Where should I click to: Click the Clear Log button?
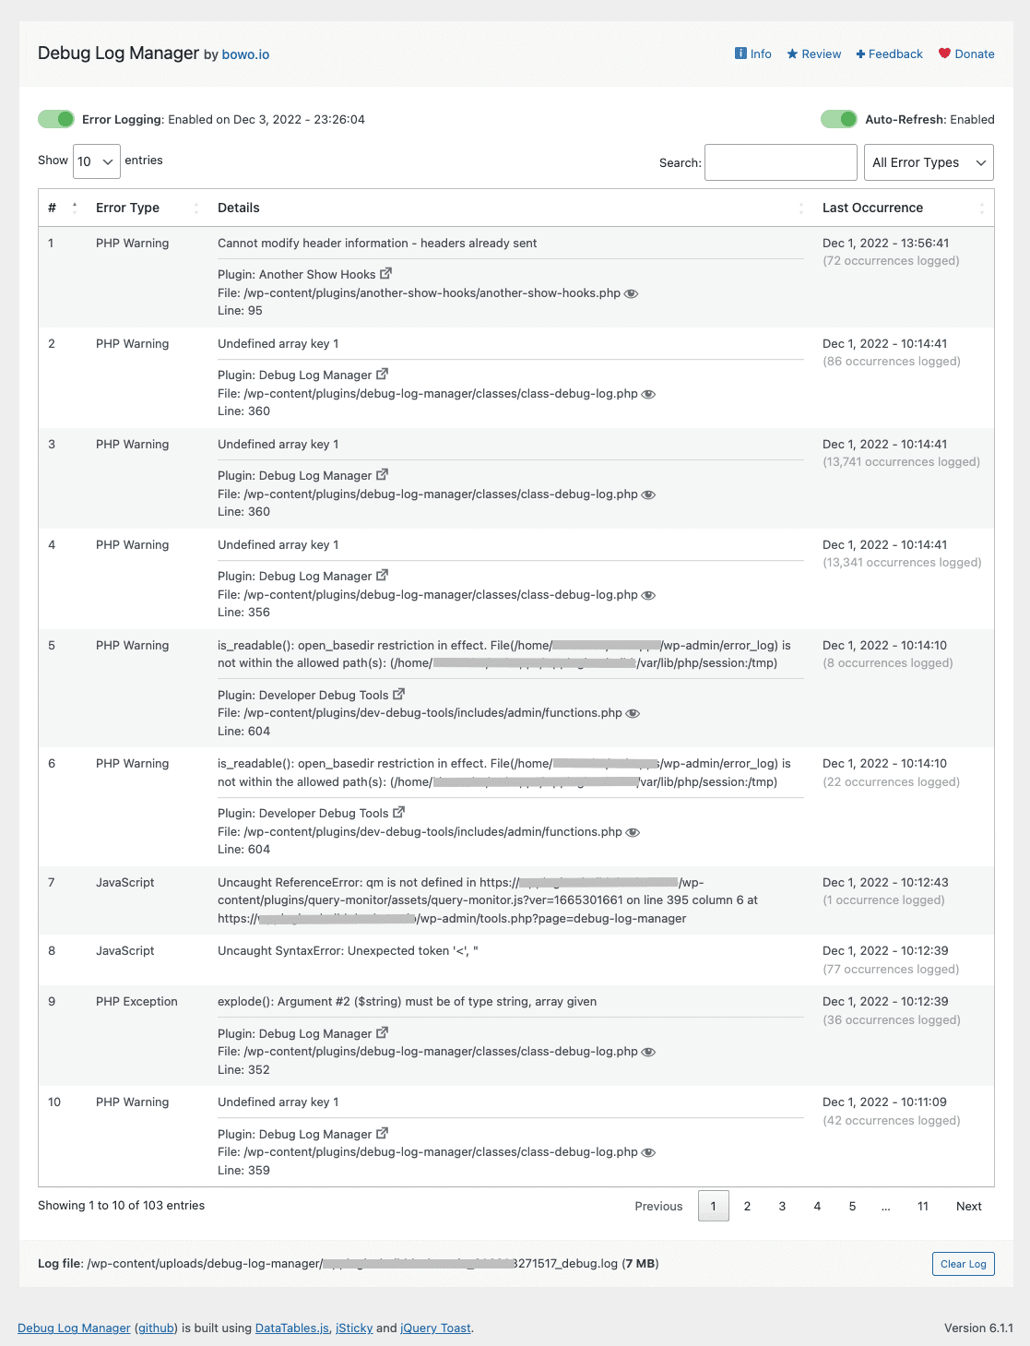coord(963,1264)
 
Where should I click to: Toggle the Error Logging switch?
coord(56,119)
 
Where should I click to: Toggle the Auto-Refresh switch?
coord(838,119)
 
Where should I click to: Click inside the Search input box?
coord(780,162)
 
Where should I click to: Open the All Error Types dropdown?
coord(928,162)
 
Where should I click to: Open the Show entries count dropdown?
coord(97,161)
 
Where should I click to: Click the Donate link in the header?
coord(966,54)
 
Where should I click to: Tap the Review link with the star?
coord(814,54)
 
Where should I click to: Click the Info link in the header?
coord(753,54)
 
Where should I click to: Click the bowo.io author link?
coord(245,54)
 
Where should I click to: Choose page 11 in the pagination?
coord(922,1207)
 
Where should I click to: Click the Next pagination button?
coord(968,1207)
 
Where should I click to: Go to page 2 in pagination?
coord(747,1207)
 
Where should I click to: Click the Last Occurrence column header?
coord(872,208)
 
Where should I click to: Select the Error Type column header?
coord(127,208)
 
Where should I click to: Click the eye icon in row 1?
coord(632,293)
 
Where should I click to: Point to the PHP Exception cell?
coord(136,1002)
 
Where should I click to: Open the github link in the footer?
coord(156,1328)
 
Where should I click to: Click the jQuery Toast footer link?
coord(435,1328)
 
